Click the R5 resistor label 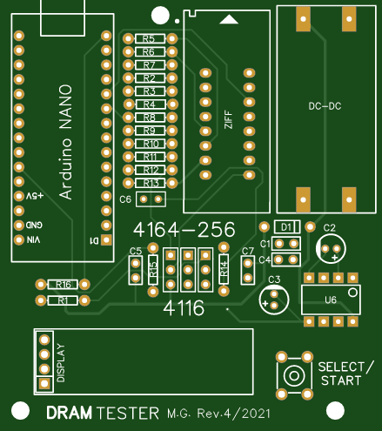(149, 39)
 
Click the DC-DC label (325, 106)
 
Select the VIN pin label (33, 239)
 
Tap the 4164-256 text (184, 230)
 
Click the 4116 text (184, 307)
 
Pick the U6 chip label (330, 300)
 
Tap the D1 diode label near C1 (285, 226)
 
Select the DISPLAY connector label (61, 363)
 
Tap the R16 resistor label (63, 285)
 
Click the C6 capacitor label (125, 199)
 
